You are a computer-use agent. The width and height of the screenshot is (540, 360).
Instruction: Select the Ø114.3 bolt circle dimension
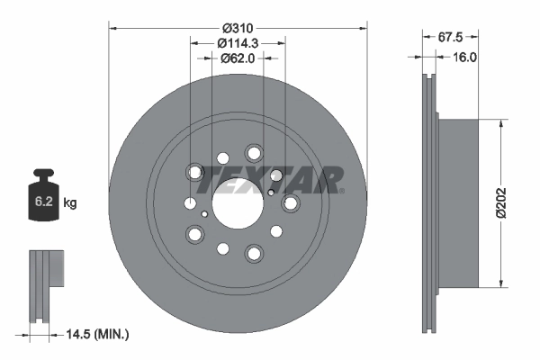click(x=238, y=41)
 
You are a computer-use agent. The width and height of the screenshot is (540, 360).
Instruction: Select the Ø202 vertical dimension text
click(x=513, y=203)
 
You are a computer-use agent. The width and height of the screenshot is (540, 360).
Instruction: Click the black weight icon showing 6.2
click(x=44, y=193)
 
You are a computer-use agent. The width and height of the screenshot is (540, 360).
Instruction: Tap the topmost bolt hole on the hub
click(x=254, y=153)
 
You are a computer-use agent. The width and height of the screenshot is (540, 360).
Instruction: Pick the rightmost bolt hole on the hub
click(x=290, y=204)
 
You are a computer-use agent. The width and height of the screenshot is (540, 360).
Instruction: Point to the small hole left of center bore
click(x=205, y=214)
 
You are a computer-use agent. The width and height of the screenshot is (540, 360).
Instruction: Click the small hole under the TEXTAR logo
click(x=271, y=192)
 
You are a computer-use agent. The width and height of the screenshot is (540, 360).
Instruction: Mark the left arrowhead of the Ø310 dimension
click(x=113, y=27)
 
